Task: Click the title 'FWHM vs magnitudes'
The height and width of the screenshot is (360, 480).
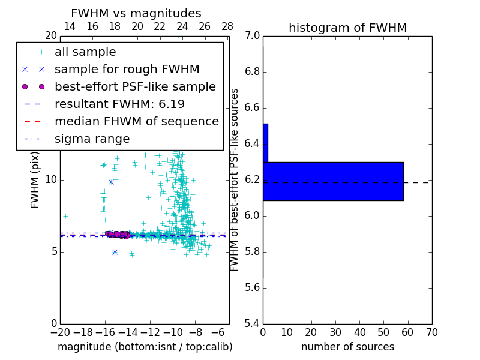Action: [x=136, y=14]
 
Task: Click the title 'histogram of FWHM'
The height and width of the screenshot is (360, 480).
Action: [x=347, y=28]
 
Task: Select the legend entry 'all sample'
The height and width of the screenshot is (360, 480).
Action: [x=85, y=52]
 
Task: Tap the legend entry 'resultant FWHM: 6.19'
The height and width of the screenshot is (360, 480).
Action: [x=119, y=104]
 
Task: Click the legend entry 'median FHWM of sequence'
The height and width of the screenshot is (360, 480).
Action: [x=136, y=121]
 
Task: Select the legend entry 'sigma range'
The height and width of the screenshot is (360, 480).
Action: [x=92, y=139]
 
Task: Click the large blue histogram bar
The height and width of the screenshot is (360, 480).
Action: [x=333, y=181]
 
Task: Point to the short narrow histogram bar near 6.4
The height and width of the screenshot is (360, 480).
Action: [x=265, y=143]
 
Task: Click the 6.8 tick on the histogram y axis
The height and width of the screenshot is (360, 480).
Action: [x=253, y=72]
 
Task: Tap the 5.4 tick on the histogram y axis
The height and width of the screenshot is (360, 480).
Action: [x=253, y=323]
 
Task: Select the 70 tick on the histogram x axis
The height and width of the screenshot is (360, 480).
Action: [x=431, y=332]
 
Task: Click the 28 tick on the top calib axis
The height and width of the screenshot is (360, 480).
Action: [x=227, y=26]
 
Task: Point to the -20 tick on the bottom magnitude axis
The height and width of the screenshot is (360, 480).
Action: [x=60, y=332]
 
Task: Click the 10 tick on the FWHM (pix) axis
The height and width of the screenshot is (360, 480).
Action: [x=50, y=180]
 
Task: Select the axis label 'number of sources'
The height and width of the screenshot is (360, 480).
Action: [x=347, y=347]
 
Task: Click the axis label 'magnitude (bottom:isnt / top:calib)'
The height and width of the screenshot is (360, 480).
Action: [x=145, y=347]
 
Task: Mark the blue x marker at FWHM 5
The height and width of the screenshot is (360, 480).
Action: [x=115, y=252]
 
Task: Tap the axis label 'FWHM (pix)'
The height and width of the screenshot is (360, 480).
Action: [x=35, y=180]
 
